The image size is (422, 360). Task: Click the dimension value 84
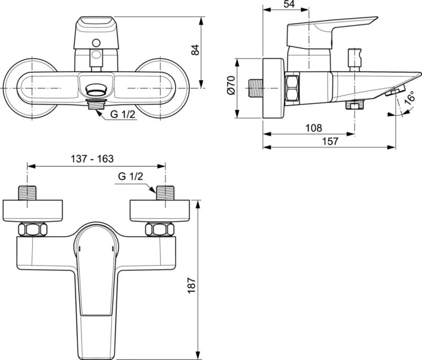click(196, 49)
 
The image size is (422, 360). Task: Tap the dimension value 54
click(288, 5)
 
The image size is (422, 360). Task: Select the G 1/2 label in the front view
click(122, 115)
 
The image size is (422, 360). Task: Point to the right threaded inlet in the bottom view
click(165, 192)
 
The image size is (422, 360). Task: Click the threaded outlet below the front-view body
click(97, 103)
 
